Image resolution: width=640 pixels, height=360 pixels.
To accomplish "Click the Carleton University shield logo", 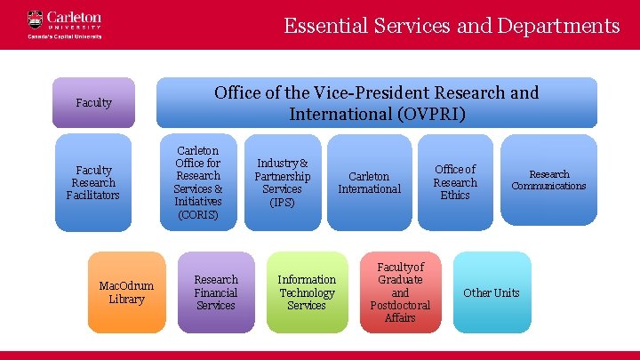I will [x=35, y=19].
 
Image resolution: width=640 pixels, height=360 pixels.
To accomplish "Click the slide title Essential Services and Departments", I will [x=452, y=26].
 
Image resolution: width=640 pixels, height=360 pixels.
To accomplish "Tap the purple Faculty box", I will [x=94, y=102].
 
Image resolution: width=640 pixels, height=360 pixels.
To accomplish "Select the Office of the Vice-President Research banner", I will [x=377, y=103].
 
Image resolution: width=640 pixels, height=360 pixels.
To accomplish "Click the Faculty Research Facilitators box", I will [x=94, y=182].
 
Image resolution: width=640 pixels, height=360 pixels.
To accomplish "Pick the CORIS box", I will [x=198, y=182].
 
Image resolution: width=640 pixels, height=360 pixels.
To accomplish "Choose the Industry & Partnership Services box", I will [x=282, y=182].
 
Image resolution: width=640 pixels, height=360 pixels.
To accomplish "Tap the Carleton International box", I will [x=369, y=182].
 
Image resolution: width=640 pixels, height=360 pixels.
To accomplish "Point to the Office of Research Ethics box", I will [x=455, y=182].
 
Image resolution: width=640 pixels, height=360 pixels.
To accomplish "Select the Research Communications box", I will [x=548, y=180].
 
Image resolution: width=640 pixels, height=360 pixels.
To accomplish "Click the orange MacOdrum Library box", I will [x=126, y=292].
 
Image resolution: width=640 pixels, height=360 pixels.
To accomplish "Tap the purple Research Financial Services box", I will [x=216, y=292].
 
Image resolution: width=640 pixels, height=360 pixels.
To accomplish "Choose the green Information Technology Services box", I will [x=307, y=292].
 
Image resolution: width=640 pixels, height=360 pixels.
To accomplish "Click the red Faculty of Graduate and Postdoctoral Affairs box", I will [x=400, y=292].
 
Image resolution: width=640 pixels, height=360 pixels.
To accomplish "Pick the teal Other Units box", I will [x=492, y=292].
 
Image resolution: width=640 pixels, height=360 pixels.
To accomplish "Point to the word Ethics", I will [x=455, y=196].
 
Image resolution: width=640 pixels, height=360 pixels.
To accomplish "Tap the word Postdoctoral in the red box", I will [x=400, y=305].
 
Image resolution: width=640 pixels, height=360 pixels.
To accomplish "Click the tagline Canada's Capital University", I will [x=65, y=36].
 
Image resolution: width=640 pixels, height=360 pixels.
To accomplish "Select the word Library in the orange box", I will [x=126, y=300].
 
